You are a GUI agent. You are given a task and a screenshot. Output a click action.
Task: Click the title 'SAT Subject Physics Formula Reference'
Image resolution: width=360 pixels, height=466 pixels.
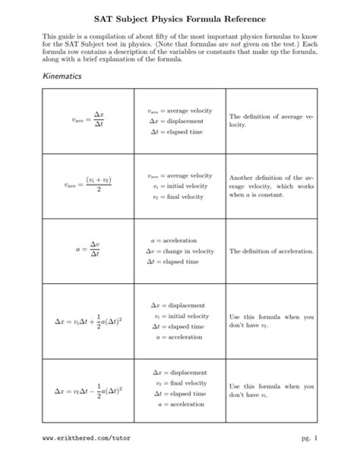[180, 16]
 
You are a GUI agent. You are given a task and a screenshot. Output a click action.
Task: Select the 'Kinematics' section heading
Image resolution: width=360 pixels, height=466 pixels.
[63, 79]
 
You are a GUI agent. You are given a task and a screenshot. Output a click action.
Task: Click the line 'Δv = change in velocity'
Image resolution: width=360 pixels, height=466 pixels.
[181, 250]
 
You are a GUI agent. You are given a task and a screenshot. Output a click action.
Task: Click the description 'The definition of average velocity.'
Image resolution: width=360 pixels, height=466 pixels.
[270, 119]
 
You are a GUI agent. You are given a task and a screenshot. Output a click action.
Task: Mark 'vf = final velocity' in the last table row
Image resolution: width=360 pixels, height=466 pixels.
[180, 383]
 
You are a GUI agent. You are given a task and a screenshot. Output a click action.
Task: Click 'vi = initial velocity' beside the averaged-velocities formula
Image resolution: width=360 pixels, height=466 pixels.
[180, 185]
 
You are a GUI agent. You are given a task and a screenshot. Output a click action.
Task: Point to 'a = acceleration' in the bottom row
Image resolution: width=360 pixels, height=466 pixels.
[180, 405]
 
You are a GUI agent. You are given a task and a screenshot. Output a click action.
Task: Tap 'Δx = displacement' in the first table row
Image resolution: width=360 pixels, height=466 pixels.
[180, 121]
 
